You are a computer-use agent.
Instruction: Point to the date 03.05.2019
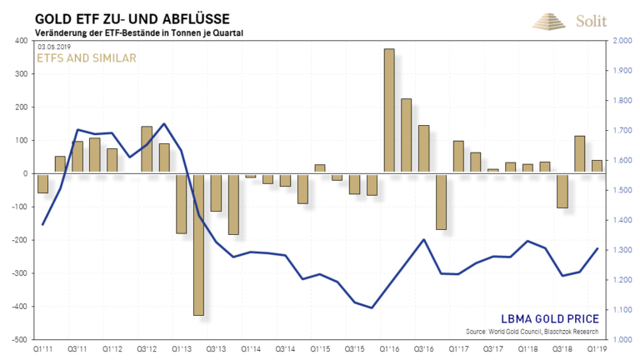coord(55,46)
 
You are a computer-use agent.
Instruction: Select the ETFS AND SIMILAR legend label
coord(86,58)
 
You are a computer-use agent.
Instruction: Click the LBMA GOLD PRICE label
coord(548,318)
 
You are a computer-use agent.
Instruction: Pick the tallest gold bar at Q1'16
coord(388,111)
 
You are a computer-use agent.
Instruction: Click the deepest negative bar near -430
coord(198,244)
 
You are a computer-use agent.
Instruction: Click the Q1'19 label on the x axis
coord(597,349)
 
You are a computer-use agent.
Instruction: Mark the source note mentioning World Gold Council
coord(550,331)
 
